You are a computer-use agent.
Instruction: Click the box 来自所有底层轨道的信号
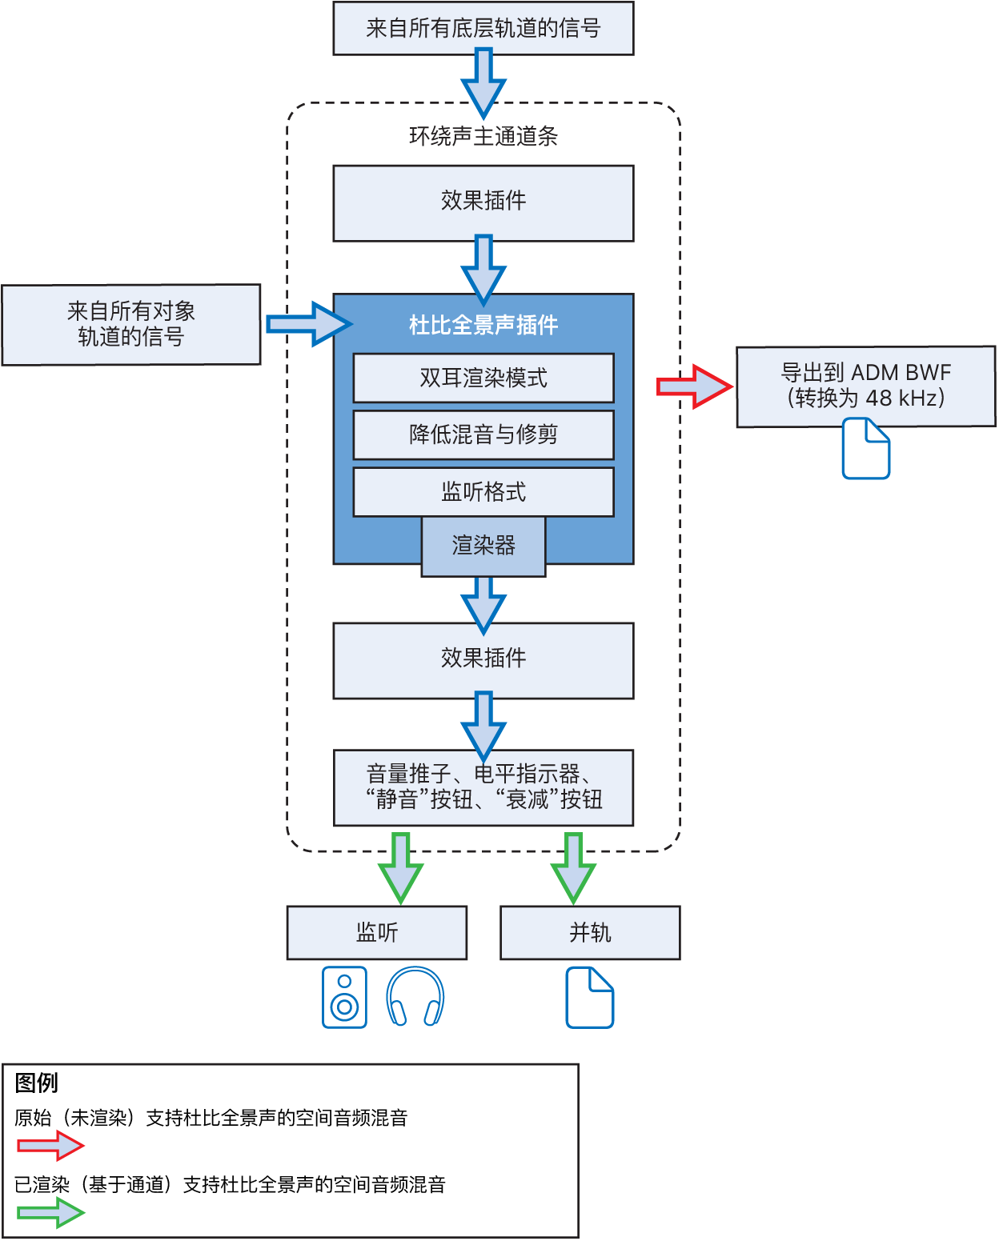tap(483, 29)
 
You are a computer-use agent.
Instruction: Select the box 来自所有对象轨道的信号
tap(131, 324)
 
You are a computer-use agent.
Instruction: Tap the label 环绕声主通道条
tap(483, 136)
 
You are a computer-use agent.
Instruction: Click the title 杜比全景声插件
tap(483, 325)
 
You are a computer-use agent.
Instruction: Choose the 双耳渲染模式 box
tap(483, 378)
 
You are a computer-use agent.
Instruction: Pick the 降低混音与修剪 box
tap(483, 434)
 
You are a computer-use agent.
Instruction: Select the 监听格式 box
tap(483, 492)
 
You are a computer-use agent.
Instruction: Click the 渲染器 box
tap(483, 546)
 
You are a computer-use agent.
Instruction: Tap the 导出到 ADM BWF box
tap(865, 386)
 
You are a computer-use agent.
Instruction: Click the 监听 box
tap(376, 932)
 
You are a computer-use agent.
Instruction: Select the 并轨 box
tap(590, 932)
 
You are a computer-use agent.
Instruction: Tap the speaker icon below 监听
tap(344, 997)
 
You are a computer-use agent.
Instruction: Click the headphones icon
tap(415, 997)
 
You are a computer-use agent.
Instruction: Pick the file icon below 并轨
tap(590, 997)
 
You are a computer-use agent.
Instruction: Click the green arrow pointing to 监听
tap(400, 868)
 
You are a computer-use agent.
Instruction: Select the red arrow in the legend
tap(50, 1146)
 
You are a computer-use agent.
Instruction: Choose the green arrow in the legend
tap(50, 1213)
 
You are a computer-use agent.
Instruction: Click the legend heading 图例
tap(37, 1083)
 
